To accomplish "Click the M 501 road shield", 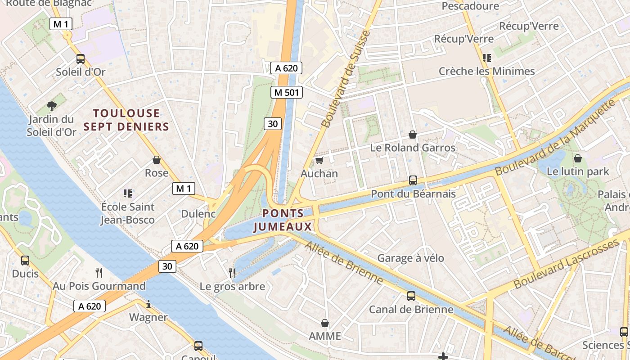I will pyautogui.click(x=286, y=93).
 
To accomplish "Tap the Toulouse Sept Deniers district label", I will pyautogui.click(x=126, y=120).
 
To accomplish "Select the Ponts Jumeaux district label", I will pyautogui.click(x=283, y=220).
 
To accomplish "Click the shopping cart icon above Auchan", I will pyautogui.click(x=319, y=161).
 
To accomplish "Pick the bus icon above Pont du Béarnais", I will pyautogui.click(x=413, y=180).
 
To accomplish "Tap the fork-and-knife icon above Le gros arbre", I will pyautogui.click(x=232, y=273).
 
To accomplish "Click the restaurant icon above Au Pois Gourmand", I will pyautogui.click(x=99, y=272).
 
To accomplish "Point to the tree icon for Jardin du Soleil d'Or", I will pyautogui.click(x=52, y=106).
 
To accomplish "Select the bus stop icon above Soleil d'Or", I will pyautogui.click(x=81, y=59).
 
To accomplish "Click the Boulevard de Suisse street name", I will pyautogui.click(x=346, y=79).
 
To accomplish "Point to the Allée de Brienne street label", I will pyautogui.click(x=344, y=263).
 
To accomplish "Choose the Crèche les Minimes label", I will pyautogui.click(x=486, y=71).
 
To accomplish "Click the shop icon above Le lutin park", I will pyautogui.click(x=578, y=158).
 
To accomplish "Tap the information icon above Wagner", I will pyautogui.click(x=148, y=305).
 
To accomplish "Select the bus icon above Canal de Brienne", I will pyautogui.click(x=411, y=296).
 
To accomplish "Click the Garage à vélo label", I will pyautogui.click(x=410, y=258).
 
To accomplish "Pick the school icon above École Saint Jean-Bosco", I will pyautogui.click(x=127, y=193).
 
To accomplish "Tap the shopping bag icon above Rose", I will pyautogui.click(x=157, y=160).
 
